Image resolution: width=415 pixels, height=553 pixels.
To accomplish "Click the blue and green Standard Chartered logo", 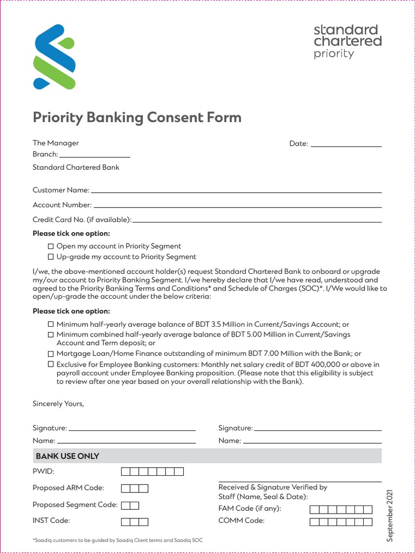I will point(53,57).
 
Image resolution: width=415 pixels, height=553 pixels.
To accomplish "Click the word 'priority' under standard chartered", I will point(333,54).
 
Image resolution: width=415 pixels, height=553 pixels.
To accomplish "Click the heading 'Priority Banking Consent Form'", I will point(137,117).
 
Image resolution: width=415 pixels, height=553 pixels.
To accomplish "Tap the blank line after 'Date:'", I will point(346,144).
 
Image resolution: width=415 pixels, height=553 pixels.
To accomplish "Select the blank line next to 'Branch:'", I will point(95,154).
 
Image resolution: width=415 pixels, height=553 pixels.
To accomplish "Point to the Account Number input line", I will point(238,205).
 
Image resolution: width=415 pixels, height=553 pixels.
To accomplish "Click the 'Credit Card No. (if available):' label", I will point(82,220).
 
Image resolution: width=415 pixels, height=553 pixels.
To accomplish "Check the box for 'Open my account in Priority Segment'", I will point(51,246).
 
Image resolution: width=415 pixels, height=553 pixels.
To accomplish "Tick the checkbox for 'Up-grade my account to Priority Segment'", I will point(51,257).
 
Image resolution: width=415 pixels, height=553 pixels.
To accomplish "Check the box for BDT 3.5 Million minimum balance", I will point(51,325).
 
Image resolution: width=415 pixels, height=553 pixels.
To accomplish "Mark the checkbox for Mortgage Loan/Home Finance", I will point(51,354).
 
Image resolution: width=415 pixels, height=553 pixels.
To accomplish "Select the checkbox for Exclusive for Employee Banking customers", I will point(51,365).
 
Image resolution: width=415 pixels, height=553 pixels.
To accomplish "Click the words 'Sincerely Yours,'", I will point(58,403).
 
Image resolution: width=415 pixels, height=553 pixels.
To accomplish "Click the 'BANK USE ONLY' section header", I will point(68,456).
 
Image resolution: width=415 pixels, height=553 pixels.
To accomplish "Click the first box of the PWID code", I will point(125,472).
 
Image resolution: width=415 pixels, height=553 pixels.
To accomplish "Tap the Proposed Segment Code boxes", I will point(130,505).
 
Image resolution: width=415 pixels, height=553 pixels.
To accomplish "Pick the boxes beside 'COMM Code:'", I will point(340,522).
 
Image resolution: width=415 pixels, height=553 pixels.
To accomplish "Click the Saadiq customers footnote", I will point(118,540).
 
